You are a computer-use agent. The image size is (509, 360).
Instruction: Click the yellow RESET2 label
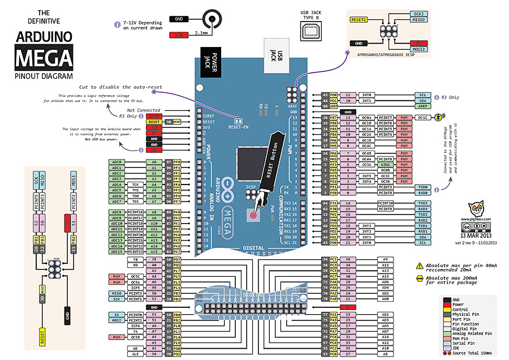pos(360,20)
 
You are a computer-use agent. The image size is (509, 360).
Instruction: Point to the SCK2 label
pos(419,14)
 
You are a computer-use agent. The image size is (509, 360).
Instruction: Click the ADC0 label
pos(117,162)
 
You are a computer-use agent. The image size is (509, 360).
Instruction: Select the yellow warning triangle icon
pos(420,265)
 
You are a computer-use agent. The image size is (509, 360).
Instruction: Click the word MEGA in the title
pos(44,58)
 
